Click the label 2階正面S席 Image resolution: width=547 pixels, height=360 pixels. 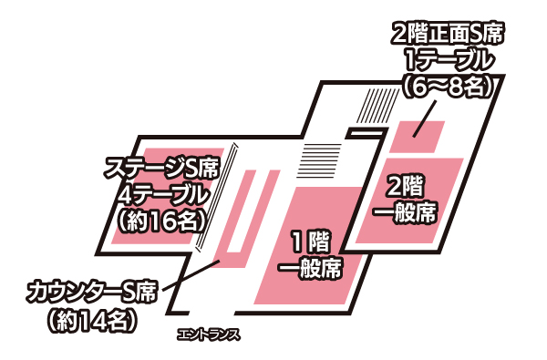[x=448, y=35]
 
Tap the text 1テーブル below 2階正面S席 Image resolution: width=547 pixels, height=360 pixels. [x=449, y=61]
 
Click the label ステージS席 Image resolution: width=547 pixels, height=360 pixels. [x=162, y=169]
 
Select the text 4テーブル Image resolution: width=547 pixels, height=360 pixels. [x=162, y=195]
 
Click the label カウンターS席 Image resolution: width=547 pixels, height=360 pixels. [x=91, y=292]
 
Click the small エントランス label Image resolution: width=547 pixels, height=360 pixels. [x=209, y=335]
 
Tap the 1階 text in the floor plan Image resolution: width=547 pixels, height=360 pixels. [x=311, y=242]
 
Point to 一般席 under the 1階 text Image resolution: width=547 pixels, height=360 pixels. [x=311, y=268]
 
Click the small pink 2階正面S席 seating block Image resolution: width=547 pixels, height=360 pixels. [x=418, y=137]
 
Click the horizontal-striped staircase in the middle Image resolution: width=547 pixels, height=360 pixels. [x=318, y=160]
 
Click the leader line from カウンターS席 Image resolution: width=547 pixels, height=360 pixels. [x=191, y=275]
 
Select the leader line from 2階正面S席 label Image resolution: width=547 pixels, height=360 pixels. [x=425, y=118]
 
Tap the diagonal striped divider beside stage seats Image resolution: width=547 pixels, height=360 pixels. [x=217, y=197]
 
